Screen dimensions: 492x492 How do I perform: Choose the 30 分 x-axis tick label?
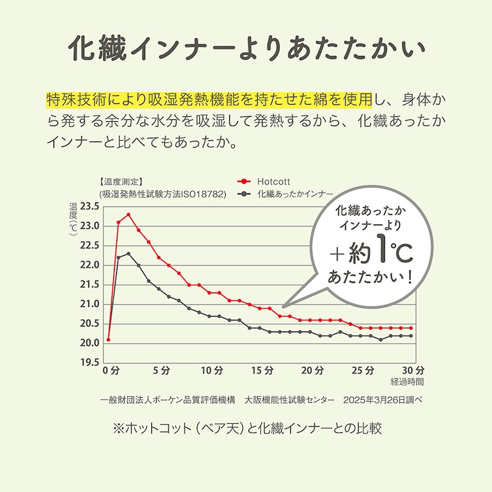point(415,371)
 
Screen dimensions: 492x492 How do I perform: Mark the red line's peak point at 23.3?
point(129,215)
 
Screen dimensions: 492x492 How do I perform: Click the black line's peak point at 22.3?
point(129,253)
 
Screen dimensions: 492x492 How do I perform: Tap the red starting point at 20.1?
point(108,339)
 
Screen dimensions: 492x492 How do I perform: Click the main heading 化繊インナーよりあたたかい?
point(245,47)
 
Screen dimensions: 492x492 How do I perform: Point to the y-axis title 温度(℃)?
point(73,220)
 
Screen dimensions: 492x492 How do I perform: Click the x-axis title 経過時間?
point(411,382)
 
